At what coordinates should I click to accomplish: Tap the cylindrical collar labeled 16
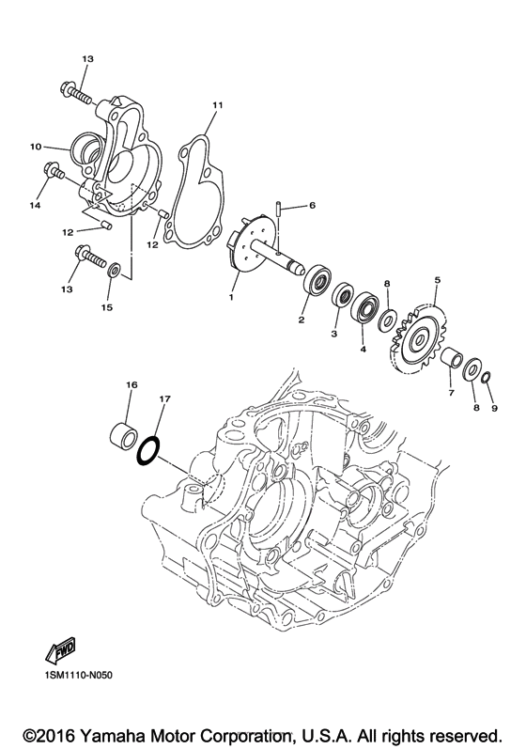[x=124, y=433]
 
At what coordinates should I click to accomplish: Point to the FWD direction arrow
[x=61, y=649]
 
